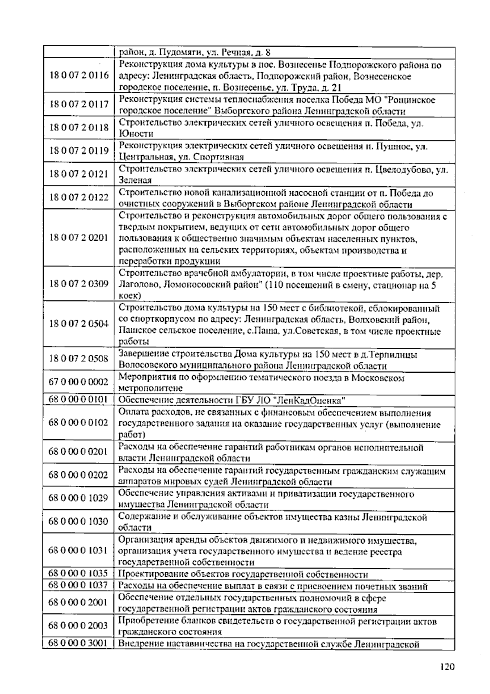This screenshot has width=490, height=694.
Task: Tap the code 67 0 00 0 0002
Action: pyautogui.click(x=78, y=382)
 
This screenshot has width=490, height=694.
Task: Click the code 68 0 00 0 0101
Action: pyautogui.click(x=78, y=399)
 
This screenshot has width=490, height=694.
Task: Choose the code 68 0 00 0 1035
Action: pyautogui.click(x=78, y=573)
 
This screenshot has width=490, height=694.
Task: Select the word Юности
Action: pyautogui.click(x=136, y=134)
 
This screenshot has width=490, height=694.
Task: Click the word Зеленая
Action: pyautogui.click(x=135, y=180)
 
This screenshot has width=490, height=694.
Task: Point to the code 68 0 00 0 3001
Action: pyautogui.click(x=78, y=643)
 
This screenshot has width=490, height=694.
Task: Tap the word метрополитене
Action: pyautogui.click(x=150, y=388)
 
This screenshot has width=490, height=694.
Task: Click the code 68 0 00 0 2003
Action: pyautogui.click(x=78, y=625)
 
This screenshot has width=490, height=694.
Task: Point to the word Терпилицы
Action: pyautogui.click(x=394, y=354)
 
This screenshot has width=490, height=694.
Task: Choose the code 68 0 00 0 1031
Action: pyautogui.click(x=78, y=550)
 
